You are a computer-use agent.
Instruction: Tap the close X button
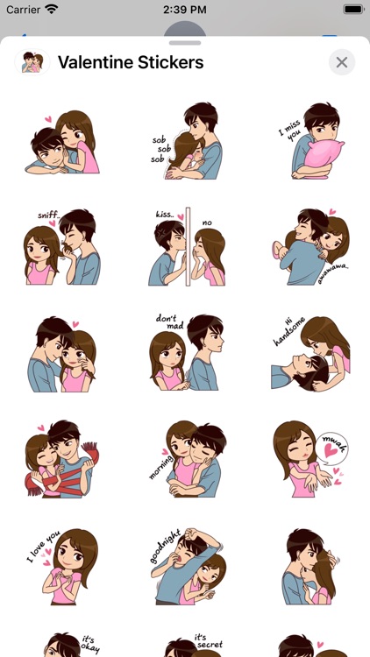click(x=342, y=62)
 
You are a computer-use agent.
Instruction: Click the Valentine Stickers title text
click(x=131, y=62)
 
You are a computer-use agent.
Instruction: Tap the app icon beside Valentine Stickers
click(x=32, y=62)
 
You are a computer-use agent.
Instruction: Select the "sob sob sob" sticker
click(x=186, y=141)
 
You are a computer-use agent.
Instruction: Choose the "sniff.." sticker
click(x=62, y=247)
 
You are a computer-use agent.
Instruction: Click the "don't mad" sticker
click(x=186, y=352)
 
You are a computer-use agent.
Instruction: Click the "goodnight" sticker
click(x=186, y=565)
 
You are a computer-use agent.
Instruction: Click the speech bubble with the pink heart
click(x=335, y=447)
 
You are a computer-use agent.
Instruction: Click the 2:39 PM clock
click(x=184, y=9)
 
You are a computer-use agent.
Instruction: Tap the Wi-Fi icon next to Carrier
click(x=52, y=9)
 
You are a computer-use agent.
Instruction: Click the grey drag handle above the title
click(x=185, y=42)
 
